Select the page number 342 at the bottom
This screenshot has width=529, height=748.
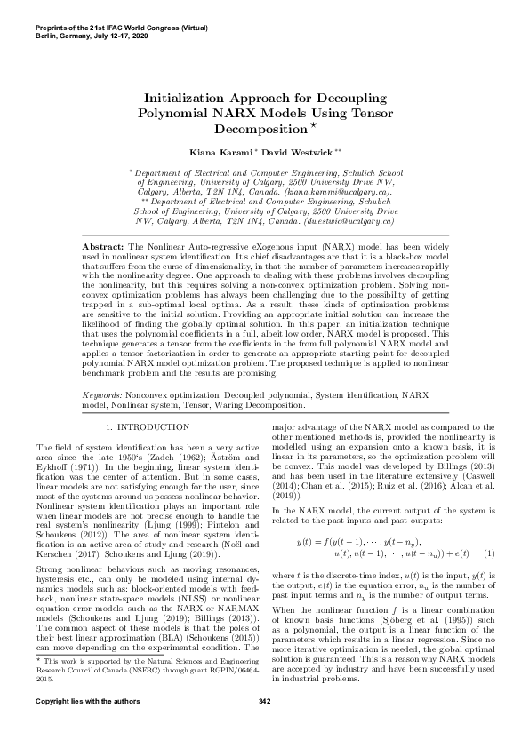pyautogui.click(x=264, y=728)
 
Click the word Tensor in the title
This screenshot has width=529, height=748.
pyautogui.click(x=365, y=113)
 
